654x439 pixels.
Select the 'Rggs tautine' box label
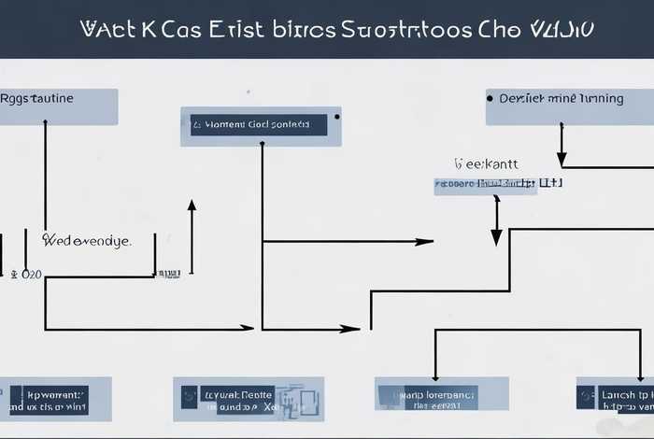click(38, 98)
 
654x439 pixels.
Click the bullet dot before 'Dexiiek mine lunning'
click(490, 96)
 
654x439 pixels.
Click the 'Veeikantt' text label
click(485, 163)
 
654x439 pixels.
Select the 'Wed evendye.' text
click(87, 240)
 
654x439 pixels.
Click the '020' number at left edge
click(31, 275)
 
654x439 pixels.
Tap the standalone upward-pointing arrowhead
click(192, 205)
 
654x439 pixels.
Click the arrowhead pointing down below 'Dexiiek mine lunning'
click(562, 160)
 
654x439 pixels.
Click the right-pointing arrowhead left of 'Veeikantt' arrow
click(425, 242)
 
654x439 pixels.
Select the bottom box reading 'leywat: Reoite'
click(249, 400)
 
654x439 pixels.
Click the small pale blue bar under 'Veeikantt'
click(486, 185)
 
